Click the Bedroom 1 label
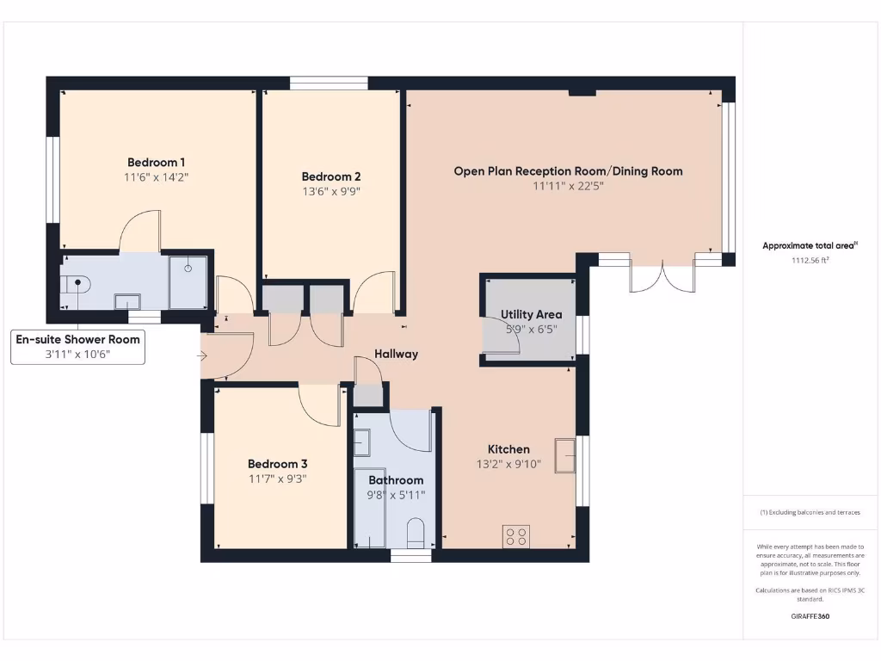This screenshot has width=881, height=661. point(157,162)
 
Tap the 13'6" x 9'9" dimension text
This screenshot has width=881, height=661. point(330,192)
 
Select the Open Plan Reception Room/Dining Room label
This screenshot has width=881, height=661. point(568,171)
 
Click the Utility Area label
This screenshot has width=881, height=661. point(531,314)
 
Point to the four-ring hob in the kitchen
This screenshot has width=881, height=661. point(516,536)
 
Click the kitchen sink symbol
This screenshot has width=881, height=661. point(565,454)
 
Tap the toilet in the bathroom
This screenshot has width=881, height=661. point(416,533)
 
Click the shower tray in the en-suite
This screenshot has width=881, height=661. point(188,281)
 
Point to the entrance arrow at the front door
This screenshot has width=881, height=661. point(204,355)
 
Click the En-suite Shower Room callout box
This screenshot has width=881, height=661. point(77,347)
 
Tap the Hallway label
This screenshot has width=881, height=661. point(396,354)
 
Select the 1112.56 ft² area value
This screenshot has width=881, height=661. point(810,259)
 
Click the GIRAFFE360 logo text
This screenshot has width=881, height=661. point(810,616)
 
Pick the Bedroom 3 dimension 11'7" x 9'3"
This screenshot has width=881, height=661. point(278,479)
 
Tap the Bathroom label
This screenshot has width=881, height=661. point(396,480)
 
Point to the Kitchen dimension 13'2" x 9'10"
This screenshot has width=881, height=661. point(508,464)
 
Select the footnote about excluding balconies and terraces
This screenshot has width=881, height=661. point(810,512)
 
